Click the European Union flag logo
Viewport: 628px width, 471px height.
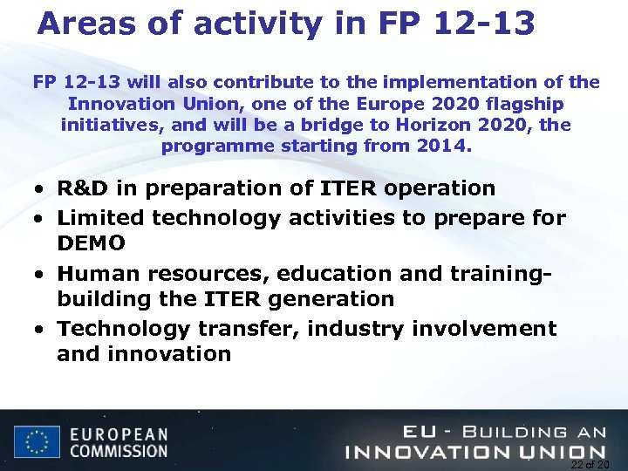pos(36,441)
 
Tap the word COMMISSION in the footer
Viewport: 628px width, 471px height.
pos(119,451)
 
